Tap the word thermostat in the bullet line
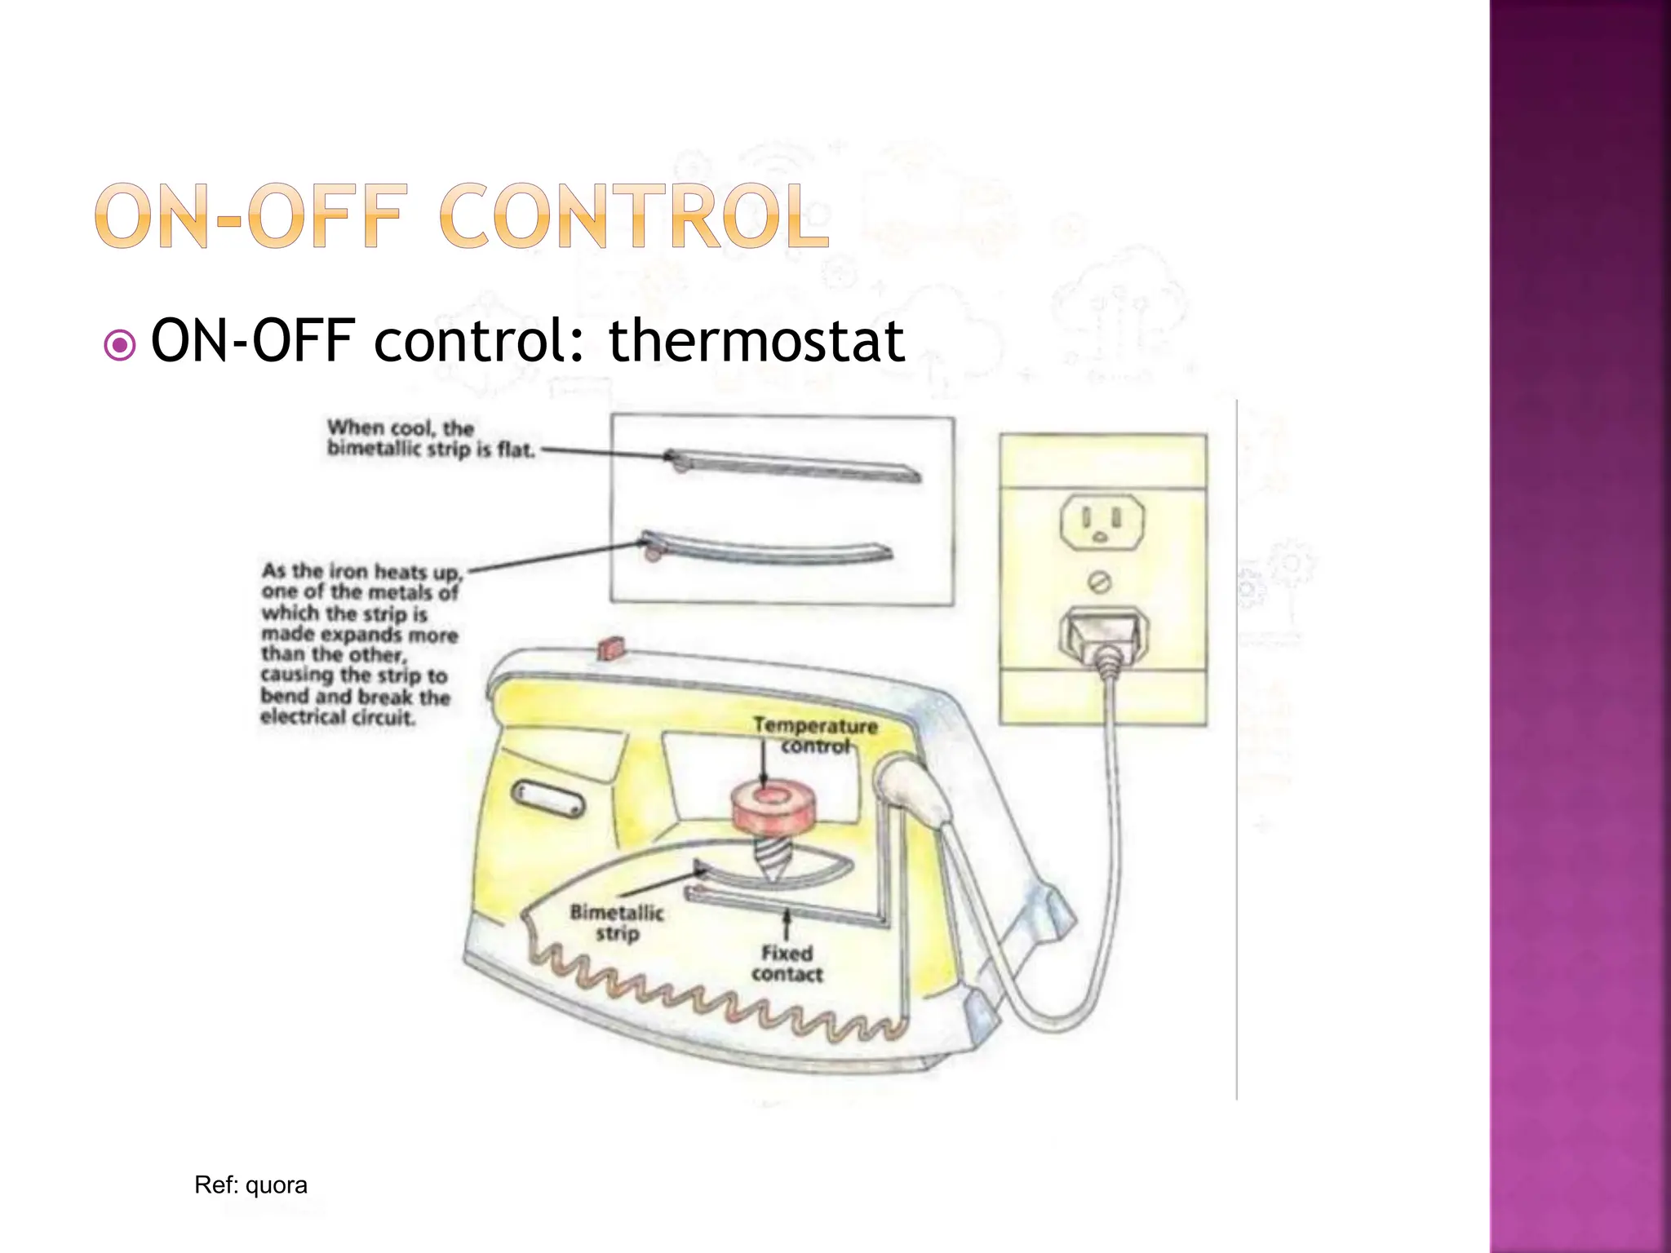[x=756, y=341]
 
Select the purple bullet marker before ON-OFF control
[x=120, y=345]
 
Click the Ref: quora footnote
[x=250, y=1185]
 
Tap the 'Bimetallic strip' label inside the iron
[x=617, y=923]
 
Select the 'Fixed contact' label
[x=787, y=963]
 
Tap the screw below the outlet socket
[x=1101, y=582]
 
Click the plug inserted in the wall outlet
[x=1102, y=633]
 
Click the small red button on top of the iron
[x=611, y=648]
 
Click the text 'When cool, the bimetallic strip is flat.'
[x=431, y=438]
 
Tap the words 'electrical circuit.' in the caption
[x=338, y=718]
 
